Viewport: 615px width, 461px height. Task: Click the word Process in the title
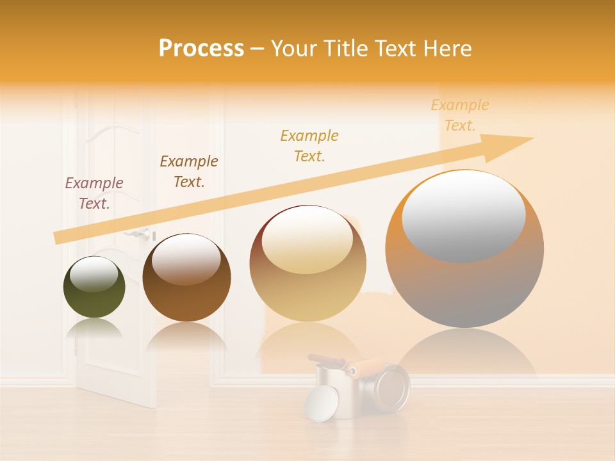(201, 49)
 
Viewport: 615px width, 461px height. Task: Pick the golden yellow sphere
(307, 288)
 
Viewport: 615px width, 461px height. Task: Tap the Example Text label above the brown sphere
(189, 172)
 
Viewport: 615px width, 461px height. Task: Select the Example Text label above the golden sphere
(309, 145)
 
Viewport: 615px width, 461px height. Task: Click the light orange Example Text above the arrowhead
(460, 115)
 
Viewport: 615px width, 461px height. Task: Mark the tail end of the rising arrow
(58, 238)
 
